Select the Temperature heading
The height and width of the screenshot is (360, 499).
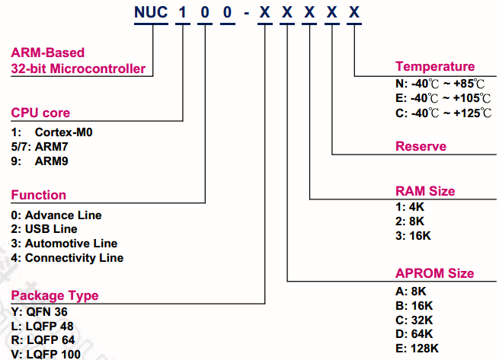click(x=434, y=67)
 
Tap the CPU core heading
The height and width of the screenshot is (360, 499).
click(x=40, y=113)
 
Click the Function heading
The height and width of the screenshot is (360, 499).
click(x=38, y=195)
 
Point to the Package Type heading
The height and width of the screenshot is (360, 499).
click(x=54, y=295)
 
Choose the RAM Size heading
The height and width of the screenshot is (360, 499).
click(x=424, y=191)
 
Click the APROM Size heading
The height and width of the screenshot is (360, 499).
click(x=434, y=273)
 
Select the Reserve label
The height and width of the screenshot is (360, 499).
click(x=421, y=146)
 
